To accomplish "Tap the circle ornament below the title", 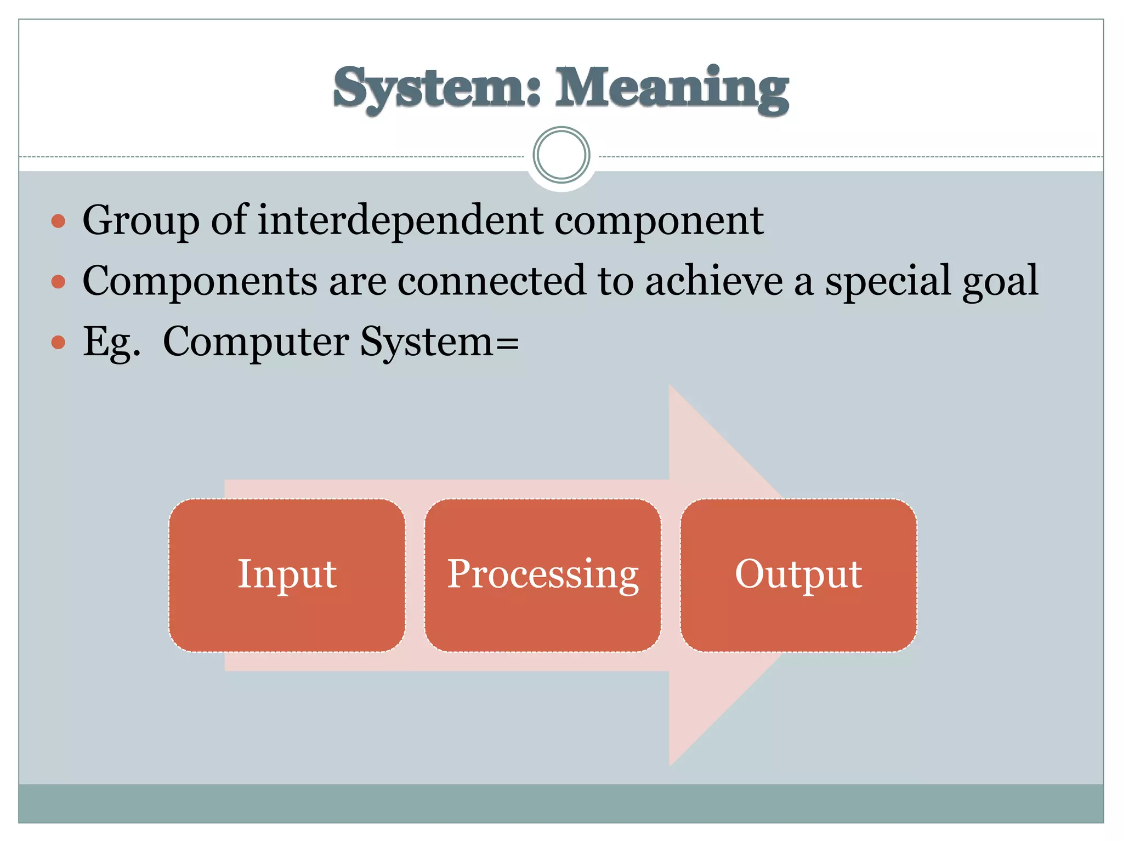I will click(x=561, y=155).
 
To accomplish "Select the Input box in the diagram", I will click(x=287, y=574).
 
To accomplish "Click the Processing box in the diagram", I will click(x=542, y=574).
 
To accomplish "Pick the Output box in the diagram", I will click(x=798, y=574).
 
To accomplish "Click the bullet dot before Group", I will click(x=58, y=221).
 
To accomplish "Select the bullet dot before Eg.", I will click(x=58, y=343).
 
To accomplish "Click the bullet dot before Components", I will click(x=58, y=282).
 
